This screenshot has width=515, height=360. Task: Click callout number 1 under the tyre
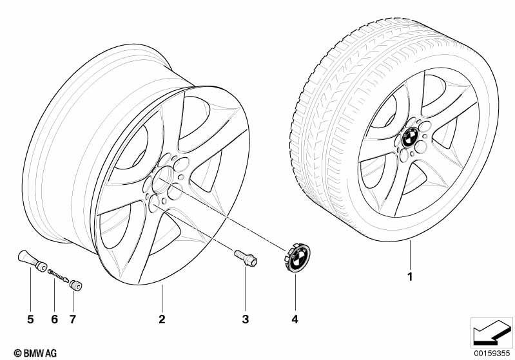409,277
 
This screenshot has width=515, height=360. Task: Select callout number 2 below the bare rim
162,319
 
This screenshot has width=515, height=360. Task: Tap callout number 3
246,319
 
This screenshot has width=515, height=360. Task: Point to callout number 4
295,319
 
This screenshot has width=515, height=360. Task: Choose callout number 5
30,319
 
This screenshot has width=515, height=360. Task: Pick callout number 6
55,319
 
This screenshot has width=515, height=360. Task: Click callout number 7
73,319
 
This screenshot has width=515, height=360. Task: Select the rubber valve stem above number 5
32,261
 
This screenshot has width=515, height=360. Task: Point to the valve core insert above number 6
59,276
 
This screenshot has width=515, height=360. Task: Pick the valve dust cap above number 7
75,285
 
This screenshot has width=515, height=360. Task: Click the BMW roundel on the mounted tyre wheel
411,137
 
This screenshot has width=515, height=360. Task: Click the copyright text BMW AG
35,353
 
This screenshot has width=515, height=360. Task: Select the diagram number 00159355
492,353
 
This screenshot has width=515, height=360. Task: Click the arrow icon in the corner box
492,333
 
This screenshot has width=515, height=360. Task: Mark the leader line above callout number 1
410,255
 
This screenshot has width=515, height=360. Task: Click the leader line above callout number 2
162,298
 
